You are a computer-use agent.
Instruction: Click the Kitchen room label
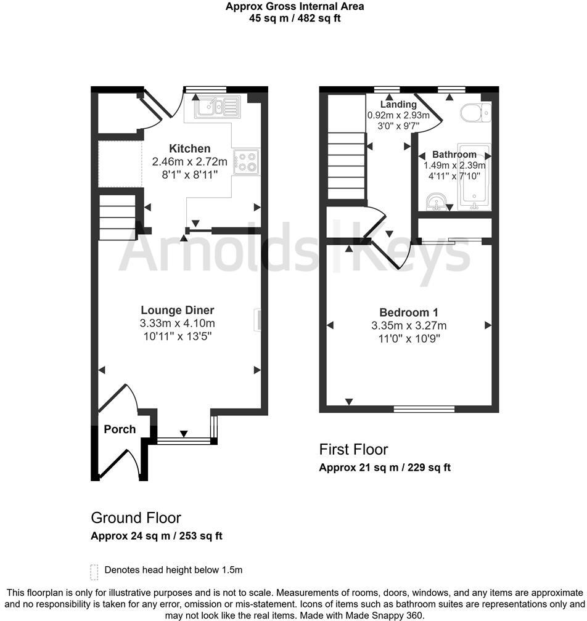click(x=190, y=148)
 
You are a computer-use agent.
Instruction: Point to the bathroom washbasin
click(x=437, y=201)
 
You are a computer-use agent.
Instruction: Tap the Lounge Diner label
click(x=178, y=310)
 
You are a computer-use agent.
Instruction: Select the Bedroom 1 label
click(x=409, y=312)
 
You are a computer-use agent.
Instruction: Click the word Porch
click(x=120, y=429)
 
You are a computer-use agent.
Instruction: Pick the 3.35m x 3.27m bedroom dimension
click(x=409, y=325)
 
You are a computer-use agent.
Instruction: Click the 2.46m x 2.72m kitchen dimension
click(x=190, y=162)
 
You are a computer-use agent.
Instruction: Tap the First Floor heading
click(x=353, y=449)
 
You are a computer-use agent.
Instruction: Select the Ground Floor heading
click(x=136, y=517)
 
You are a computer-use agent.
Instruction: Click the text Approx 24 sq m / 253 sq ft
click(x=157, y=535)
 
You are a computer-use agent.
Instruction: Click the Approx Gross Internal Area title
click(x=293, y=7)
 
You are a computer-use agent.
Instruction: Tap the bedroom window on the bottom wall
click(x=424, y=408)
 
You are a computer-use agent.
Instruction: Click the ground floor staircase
click(x=117, y=217)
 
